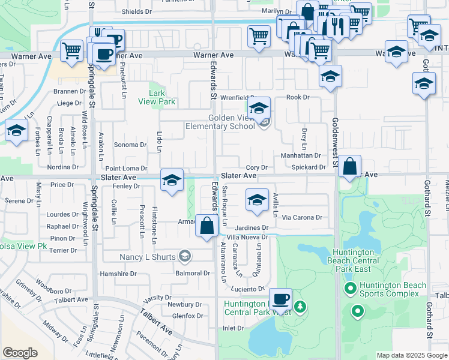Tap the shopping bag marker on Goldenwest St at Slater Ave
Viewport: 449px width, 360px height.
tap(350, 166)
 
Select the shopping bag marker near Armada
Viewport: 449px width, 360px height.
tap(207, 226)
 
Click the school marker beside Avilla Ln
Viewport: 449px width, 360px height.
tap(256, 199)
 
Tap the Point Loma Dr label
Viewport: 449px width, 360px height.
tap(127, 169)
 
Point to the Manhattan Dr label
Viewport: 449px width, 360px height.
tap(301, 155)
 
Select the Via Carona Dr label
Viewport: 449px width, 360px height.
tap(303, 217)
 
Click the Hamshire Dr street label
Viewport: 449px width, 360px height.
tap(118, 273)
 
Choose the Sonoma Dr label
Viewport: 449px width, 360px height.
tap(130, 145)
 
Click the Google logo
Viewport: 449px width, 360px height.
tap(20, 353)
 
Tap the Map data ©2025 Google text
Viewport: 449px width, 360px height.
tap(412, 355)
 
